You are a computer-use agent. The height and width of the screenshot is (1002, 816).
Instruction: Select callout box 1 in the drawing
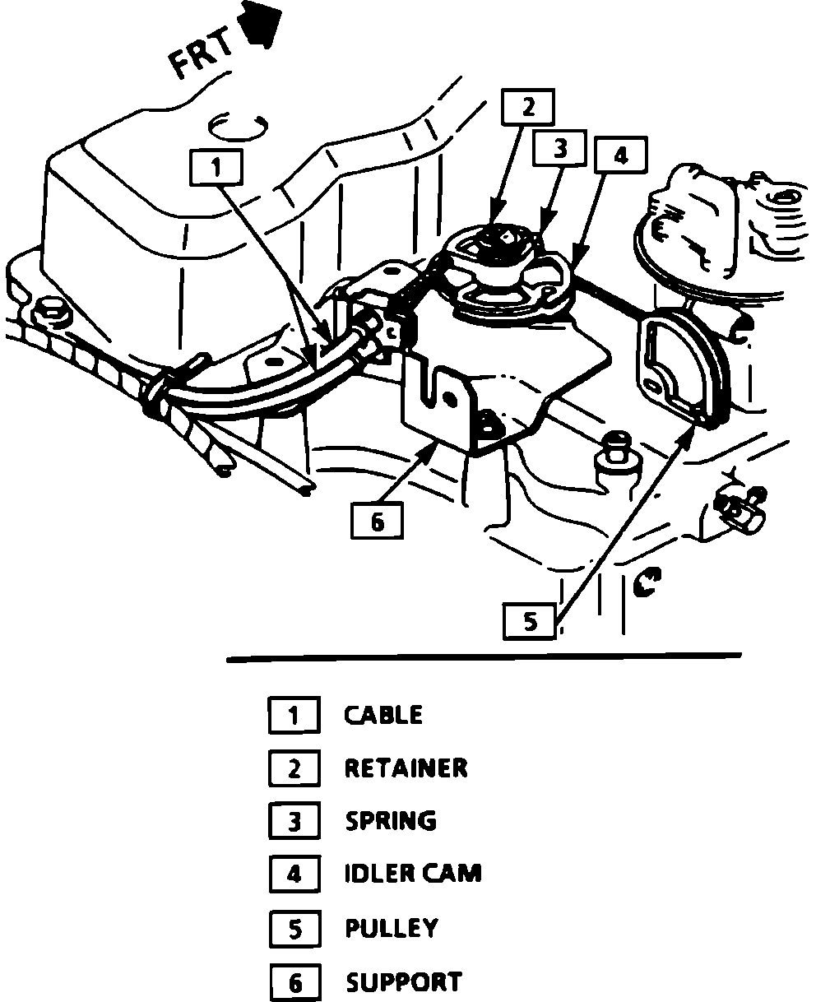(x=215, y=168)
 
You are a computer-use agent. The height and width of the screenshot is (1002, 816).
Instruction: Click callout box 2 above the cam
(x=527, y=107)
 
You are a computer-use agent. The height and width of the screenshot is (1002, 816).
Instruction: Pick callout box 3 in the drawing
(x=559, y=149)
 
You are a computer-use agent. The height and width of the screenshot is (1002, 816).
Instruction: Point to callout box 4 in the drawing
(x=620, y=156)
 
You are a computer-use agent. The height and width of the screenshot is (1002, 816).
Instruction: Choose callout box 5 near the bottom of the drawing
(x=530, y=621)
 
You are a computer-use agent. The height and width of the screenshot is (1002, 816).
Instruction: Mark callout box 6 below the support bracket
(x=377, y=522)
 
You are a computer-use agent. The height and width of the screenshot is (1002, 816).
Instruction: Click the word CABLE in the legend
(x=383, y=715)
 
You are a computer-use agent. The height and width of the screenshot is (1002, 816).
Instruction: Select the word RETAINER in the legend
(x=406, y=768)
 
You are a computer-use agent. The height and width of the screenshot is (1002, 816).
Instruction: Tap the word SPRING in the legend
(x=391, y=821)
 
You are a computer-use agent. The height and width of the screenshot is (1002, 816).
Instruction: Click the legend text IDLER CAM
(x=412, y=873)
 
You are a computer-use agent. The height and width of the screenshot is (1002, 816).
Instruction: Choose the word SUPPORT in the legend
(x=403, y=981)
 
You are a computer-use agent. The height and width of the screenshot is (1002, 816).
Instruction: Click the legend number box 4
(x=294, y=874)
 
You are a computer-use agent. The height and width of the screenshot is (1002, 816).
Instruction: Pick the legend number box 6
(x=294, y=982)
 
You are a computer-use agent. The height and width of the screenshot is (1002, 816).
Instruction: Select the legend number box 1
(x=294, y=715)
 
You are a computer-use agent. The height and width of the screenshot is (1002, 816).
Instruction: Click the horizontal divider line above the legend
(x=484, y=657)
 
